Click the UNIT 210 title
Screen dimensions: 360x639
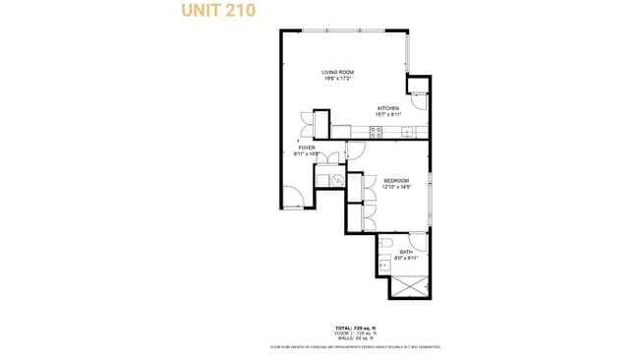coord(218,12)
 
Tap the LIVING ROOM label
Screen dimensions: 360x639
coord(338,73)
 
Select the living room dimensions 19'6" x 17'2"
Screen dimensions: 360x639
coord(338,79)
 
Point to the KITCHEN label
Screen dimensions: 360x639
coord(388,108)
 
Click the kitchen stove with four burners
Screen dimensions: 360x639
coord(377,132)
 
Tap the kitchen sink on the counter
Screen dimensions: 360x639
coord(406,132)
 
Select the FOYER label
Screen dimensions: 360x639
coord(307,148)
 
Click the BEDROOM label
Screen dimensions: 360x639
coord(396,181)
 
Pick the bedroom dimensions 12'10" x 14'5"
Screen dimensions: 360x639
coord(396,187)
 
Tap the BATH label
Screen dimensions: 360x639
coord(405,252)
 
